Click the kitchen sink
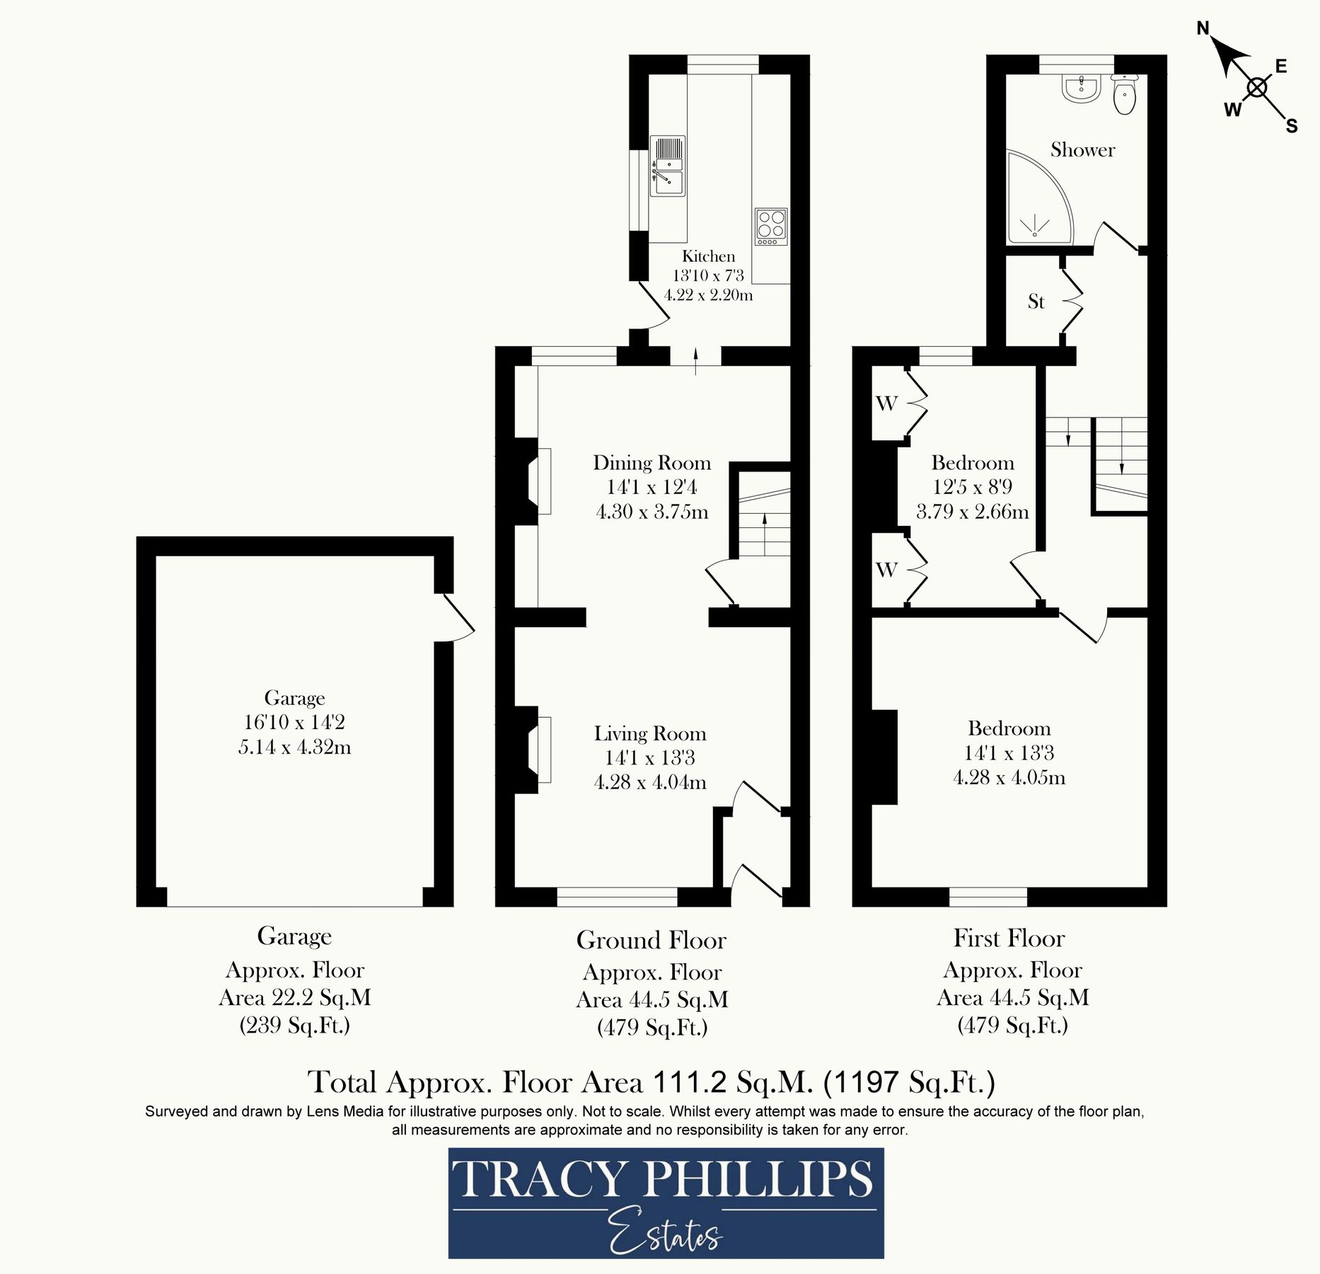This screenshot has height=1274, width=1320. [667, 166]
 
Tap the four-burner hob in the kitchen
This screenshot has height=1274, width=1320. [771, 226]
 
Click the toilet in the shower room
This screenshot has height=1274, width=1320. [1124, 96]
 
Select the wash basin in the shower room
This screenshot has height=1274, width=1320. [1081, 89]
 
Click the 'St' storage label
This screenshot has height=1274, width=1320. [1036, 302]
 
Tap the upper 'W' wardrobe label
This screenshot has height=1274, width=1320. [886, 403]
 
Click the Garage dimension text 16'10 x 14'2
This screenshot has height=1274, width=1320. [294, 723]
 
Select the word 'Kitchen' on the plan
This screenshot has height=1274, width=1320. [708, 256]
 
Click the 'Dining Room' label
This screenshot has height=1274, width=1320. [652, 463]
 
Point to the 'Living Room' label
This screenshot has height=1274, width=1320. [650, 734]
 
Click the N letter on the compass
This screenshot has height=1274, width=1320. [1203, 28]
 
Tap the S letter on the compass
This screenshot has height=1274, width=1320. [1292, 127]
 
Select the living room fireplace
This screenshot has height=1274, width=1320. [536, 750]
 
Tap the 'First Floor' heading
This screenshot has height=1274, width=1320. [1009, 939]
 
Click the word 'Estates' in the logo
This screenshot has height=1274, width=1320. [664, 1234]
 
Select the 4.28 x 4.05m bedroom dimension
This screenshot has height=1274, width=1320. [1009, 778]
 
